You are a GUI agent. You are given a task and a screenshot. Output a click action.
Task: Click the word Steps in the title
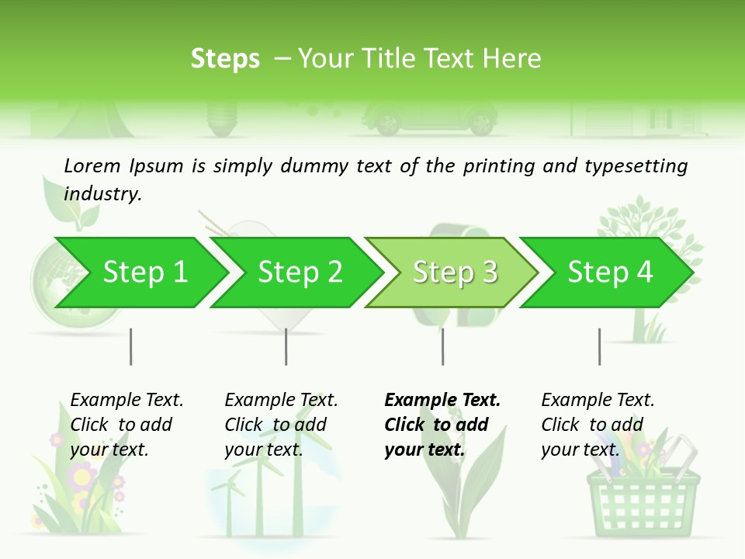(x=225, y=59)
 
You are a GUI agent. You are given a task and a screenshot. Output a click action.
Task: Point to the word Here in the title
(x=511, y=59)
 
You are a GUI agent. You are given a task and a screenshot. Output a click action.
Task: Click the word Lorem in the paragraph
(x=92, y=165)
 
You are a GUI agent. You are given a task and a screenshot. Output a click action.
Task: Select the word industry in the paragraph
(x=102, y=194)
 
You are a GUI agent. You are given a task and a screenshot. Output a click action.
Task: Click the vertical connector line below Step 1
(x=131, y=346)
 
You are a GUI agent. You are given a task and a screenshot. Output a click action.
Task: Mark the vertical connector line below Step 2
(x=286, y=346)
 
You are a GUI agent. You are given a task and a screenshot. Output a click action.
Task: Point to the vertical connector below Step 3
(x=443, y=346)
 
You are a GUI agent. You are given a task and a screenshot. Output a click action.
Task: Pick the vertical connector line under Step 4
(x=599, y=346)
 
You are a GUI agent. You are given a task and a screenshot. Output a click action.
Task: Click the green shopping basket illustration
(x=643, y=497)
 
